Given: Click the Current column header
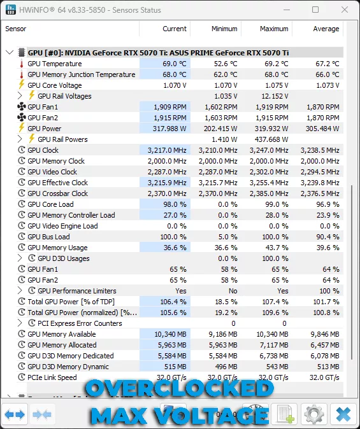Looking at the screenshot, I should click(174, 29).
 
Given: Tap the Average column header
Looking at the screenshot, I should click(326, 29).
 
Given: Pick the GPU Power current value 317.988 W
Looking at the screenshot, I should click(166, 129).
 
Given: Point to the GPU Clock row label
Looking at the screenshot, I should click(43, 150).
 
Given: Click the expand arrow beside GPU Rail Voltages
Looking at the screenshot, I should click(21, 96).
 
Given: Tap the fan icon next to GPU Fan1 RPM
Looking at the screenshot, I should click(21, 107).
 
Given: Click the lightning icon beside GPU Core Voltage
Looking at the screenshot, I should click(21, 85).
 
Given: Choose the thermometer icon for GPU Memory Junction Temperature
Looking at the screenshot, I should click(21, 74).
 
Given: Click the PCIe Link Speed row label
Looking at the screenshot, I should click(52, 377).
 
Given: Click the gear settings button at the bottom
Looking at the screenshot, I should click(314, 415).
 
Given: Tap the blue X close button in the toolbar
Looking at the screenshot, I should click(343, 415).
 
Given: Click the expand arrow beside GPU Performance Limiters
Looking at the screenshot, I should click(21, 291).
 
